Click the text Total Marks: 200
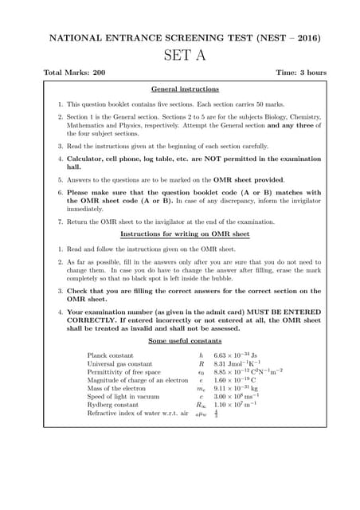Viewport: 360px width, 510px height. [73, 73]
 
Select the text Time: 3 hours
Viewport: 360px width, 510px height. [301, 73]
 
